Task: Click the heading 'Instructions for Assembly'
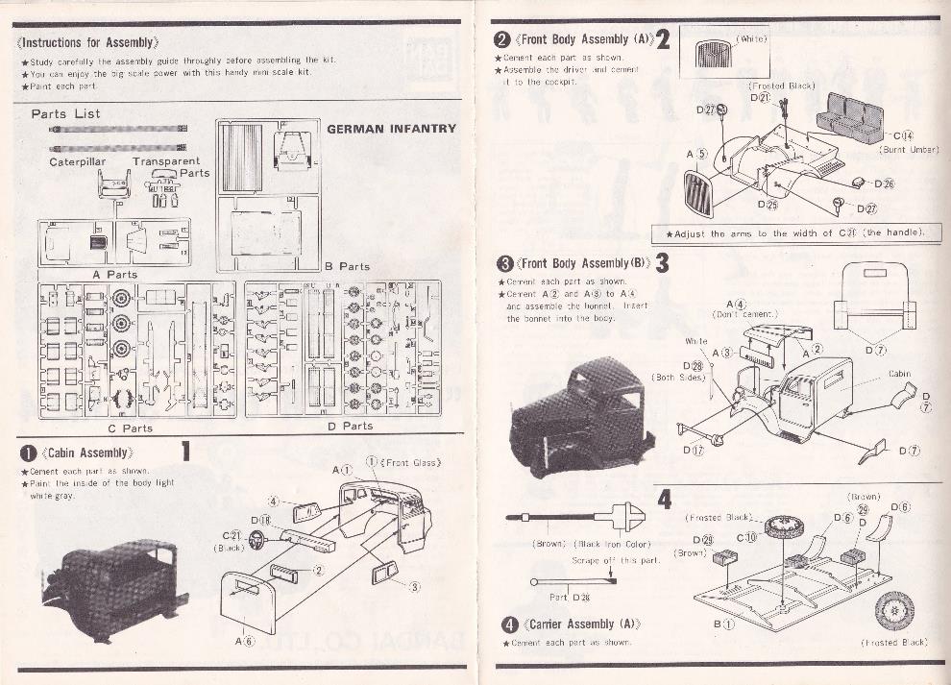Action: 88,42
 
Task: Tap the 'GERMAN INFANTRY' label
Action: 391,129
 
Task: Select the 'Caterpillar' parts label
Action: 78,162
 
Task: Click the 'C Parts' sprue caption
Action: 131,428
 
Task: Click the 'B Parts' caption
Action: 347,266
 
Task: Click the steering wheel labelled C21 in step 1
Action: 256,540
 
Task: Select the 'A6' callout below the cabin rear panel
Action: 243,641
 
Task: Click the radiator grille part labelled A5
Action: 698,194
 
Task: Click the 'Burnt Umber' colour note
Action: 908,150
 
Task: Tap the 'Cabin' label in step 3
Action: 899,374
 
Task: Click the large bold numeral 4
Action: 665,499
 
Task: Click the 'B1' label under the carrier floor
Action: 723,624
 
